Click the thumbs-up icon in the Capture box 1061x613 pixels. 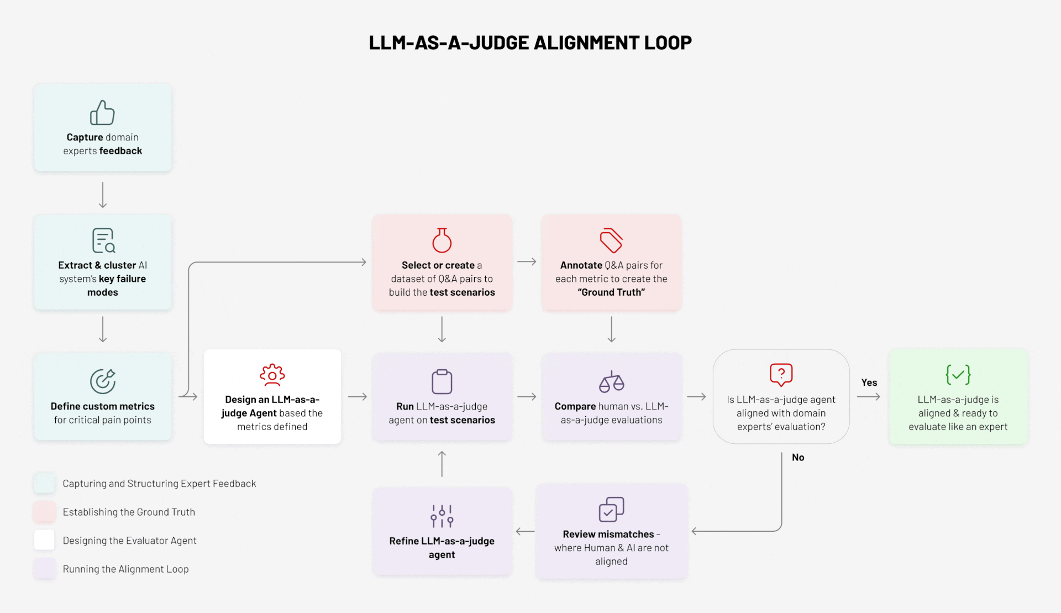[102, 113]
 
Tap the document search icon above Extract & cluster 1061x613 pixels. [103, 240]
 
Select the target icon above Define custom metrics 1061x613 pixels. [103, 381]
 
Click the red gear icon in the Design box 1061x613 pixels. [272, 375]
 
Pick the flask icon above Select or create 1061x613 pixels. [442, 240]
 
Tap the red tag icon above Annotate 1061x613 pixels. [611, 240]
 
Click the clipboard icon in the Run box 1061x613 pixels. [442, 381]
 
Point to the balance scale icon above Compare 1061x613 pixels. [611, 381]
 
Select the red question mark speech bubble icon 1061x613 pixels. [781, 375]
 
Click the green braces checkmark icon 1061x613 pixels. [958, 375]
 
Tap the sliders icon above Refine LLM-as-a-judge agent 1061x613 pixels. [442, 516]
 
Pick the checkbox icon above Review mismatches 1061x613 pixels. [611, 509]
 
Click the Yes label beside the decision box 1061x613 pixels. [869, 383]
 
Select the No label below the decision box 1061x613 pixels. [797, 457]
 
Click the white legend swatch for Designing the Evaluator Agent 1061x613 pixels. [44, 540]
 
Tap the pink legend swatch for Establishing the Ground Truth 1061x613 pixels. [44, 512]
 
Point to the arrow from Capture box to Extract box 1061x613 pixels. [103, 195]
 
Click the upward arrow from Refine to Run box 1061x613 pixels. [442, 464]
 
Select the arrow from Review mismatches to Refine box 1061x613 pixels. [524, 531]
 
